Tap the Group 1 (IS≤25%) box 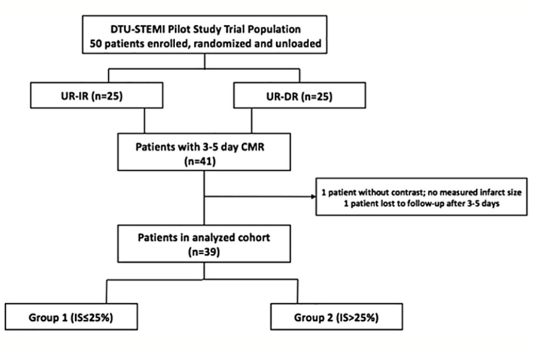pos(71,317)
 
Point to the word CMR pos(262,146)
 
